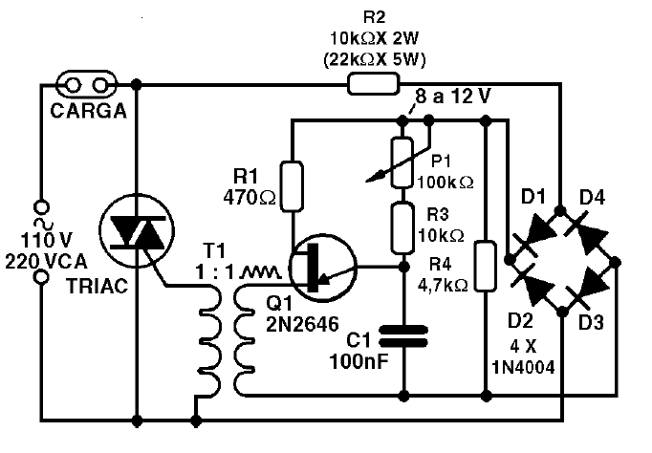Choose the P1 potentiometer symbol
pos(402,161)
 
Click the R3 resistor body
pos(402,223)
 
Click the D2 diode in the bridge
pos(541,282)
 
